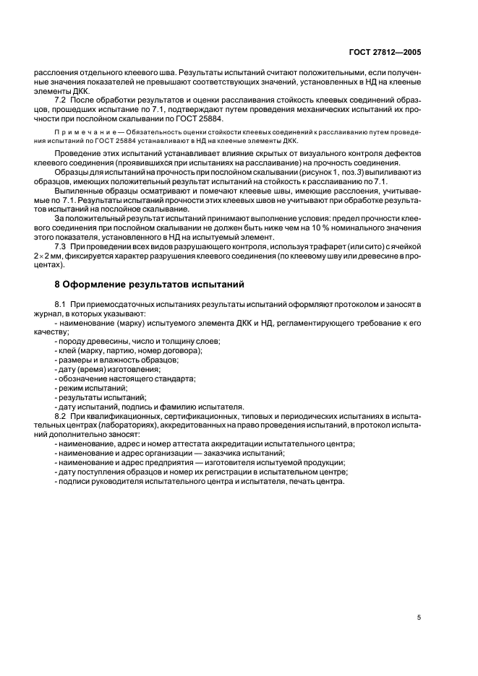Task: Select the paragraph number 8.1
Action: coord(61,307)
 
